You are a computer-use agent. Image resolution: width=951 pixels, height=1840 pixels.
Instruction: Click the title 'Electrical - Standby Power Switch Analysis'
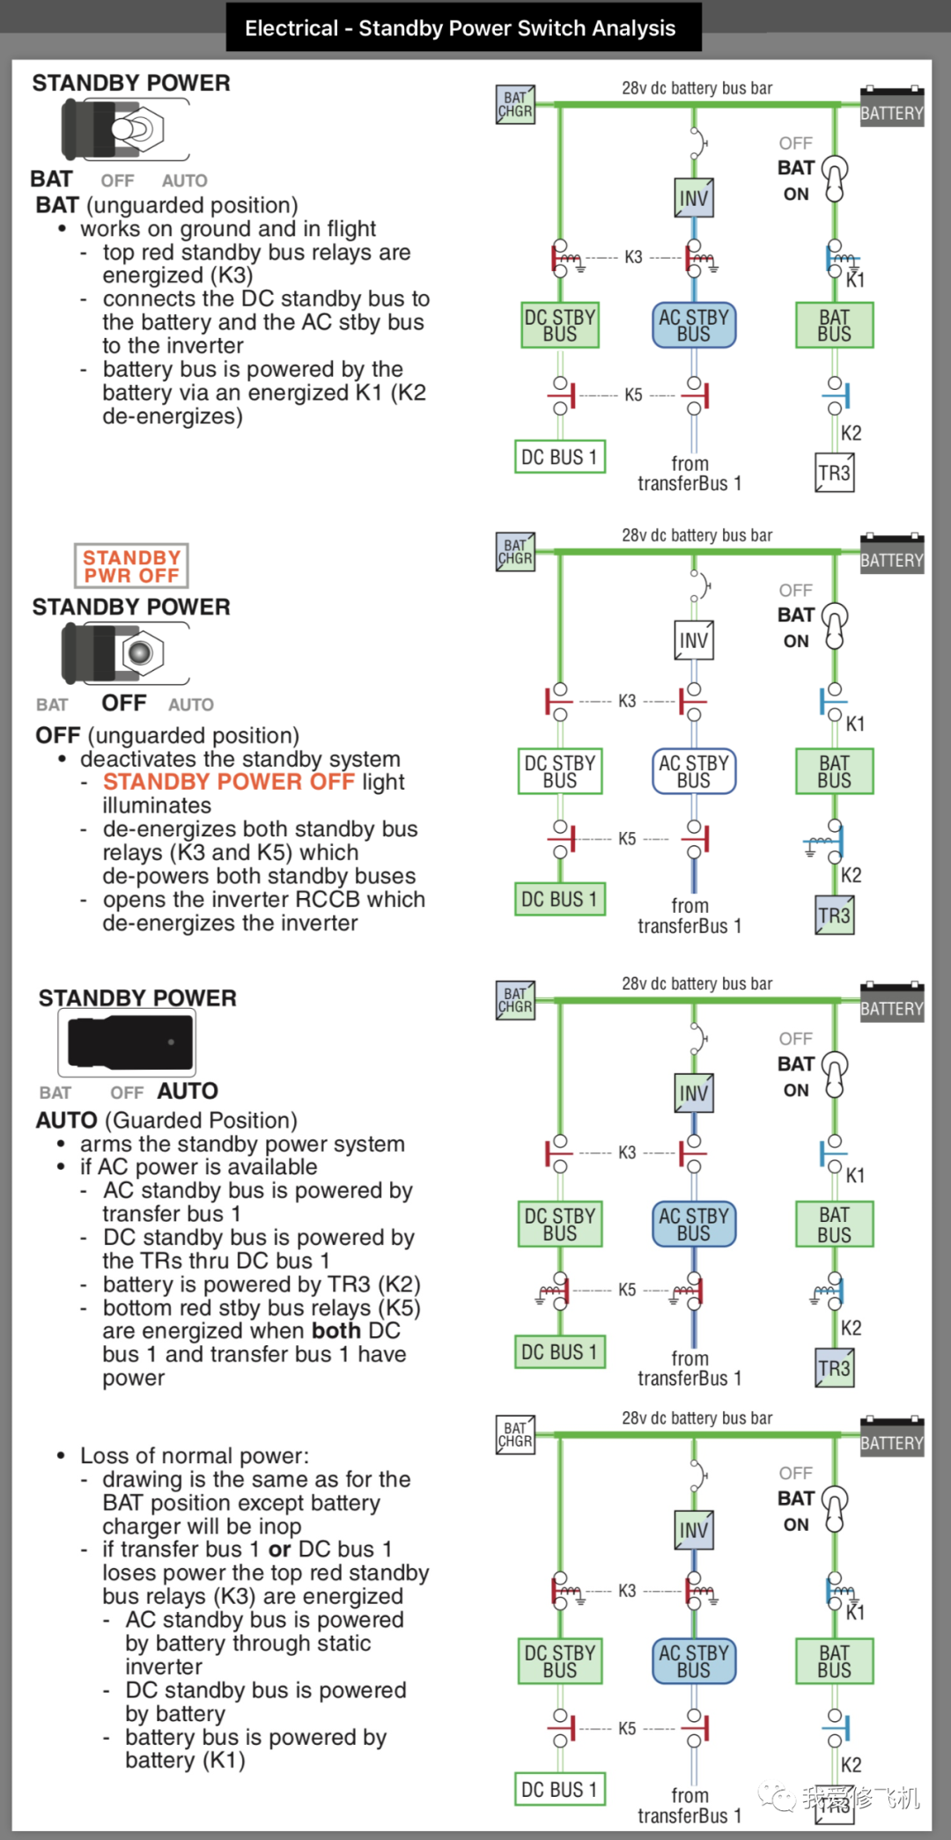click(461, 28)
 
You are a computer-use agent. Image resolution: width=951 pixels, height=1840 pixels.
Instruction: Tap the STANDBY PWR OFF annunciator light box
click(131, 566)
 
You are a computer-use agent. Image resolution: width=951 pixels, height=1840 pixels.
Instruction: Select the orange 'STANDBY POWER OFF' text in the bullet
click(228, 782)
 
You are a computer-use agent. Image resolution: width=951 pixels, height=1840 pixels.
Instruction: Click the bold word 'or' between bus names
click(279, 1549)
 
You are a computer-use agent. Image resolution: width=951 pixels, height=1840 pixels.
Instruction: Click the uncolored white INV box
click(694, 640)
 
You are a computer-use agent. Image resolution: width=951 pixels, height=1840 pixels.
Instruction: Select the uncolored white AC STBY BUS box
click(694, 771)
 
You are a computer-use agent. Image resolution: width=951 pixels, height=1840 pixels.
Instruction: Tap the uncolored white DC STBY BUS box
click(560, 771)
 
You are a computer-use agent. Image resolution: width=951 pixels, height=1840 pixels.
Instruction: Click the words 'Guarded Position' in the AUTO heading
click(202, 1120)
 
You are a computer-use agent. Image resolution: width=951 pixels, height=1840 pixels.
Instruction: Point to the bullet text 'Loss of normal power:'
click(195, 1455)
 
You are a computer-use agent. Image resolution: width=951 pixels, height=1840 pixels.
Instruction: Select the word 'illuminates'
click(157, 806)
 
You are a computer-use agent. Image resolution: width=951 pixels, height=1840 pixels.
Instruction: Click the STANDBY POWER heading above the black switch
click(137, 997)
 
